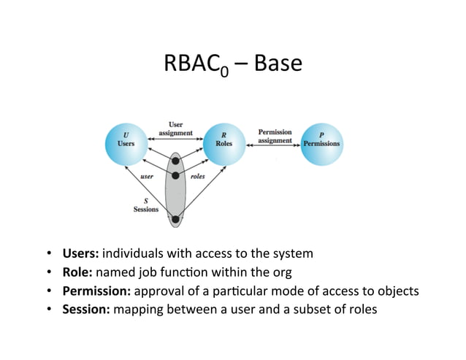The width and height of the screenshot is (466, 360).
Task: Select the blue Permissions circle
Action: (321, 141)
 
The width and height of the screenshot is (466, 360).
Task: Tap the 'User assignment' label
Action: (176, 129)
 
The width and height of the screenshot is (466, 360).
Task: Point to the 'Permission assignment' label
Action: (275, 137)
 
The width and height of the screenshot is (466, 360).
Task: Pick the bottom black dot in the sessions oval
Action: (175, 218)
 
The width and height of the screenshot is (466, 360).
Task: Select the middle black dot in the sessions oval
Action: (175, 176)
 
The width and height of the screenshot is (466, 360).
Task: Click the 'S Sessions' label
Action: (145, 204)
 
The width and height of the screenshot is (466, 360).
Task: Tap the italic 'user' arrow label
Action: (146, 176)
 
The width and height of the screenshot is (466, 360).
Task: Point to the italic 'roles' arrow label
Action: (197, 176)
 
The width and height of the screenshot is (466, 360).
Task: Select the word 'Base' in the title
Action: (277, 64)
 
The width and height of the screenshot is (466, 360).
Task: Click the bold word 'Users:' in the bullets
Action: (80, 254)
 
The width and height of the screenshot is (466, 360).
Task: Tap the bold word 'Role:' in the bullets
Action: (77, 272)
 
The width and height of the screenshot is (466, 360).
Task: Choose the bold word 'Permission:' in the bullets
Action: (96, 291)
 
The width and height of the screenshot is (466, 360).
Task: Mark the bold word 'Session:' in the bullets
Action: (86, 309)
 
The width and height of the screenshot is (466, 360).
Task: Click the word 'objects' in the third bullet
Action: (398, 291)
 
